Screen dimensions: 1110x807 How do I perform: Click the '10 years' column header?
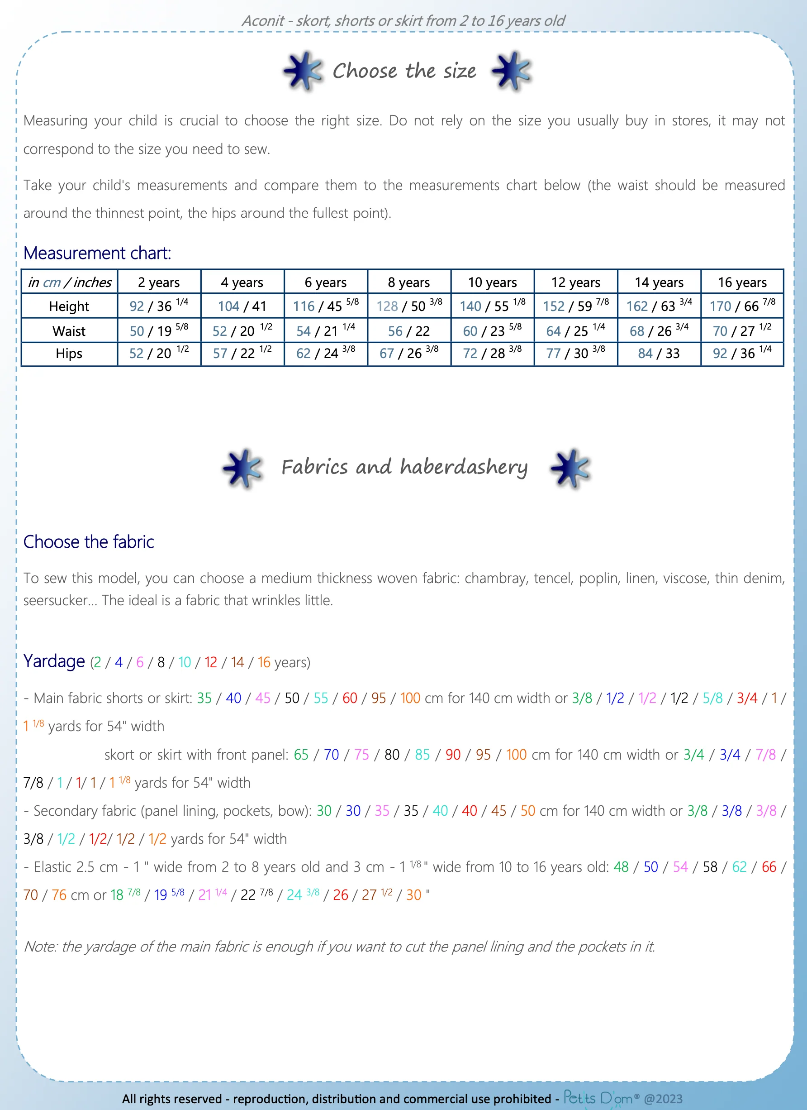click(x=492, y=282)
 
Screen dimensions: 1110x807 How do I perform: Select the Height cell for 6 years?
click(x=326, y=306)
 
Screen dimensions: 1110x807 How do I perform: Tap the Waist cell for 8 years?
click(x=409, y=331)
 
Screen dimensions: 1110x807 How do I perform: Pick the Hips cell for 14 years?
click(x=659, y=354)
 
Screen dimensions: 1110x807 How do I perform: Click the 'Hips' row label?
click(x=69, y=354)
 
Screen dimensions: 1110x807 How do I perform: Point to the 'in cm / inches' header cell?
click(x=70, y=282)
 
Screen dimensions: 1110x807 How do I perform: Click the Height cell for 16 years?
click(x=742, y=306)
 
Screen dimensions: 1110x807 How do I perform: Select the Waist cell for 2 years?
click(x=159, y=331)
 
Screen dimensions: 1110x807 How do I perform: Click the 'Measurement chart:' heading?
click(x=97, y=253)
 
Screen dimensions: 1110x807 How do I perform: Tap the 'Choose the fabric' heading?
click(x=89, y=542)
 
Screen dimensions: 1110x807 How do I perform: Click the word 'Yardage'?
click(x=54, y=661)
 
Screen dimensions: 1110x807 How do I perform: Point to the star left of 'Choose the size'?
click(x=303, y=71)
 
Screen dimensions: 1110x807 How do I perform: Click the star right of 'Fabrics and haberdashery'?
click(x=570, y=468)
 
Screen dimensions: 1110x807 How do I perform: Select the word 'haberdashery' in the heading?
click(x=464, y=467)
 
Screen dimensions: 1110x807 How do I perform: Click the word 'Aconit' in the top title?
click(x=263, y=20)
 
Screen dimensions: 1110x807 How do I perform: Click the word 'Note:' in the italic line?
click(x=41, y=947)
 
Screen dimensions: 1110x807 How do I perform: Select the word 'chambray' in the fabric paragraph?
click(x=495, y=578)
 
